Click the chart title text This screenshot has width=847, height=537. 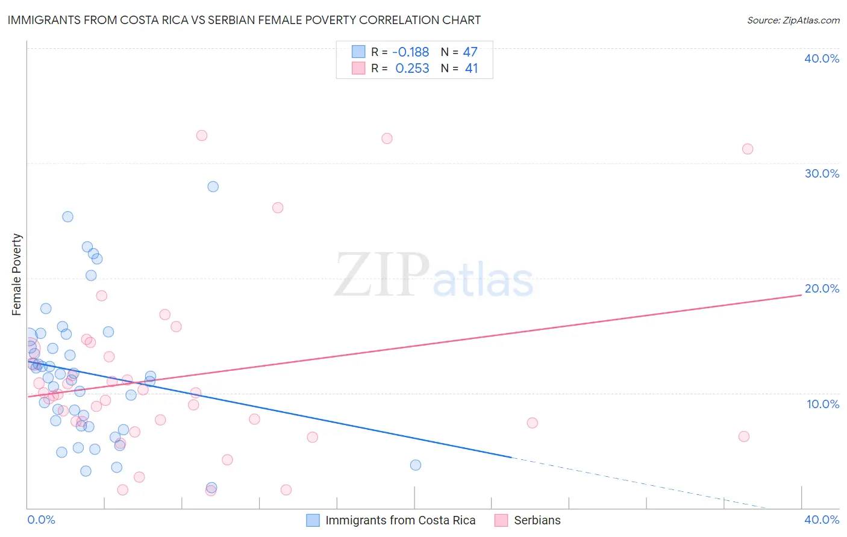[x=244, y=20]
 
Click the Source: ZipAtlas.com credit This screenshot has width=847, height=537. [x=793, y=20]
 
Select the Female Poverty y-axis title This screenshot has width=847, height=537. [x=16, y=275]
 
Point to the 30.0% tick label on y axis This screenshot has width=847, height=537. [x=822, y=173]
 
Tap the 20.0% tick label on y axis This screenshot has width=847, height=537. [x=822, y=288]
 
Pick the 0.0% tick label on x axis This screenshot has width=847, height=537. [x=41, y=520]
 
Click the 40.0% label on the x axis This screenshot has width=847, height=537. [x=822, y=520]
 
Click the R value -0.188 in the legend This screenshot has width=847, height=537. [x=410, y=52]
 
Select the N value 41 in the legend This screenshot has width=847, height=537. [x=471, y=69]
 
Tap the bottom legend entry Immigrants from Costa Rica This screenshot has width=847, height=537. [x=400, y=520]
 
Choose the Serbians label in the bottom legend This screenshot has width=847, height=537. [x=537, y=520]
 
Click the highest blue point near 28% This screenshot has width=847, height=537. [x=213, y=187]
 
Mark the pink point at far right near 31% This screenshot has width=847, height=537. [x=748, y=149]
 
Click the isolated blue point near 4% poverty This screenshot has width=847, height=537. [x=416, y=465]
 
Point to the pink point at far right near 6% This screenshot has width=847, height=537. [x=744, y=436]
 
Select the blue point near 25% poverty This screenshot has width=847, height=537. [x=68, y=217]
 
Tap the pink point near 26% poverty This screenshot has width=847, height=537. [x=278, y=208]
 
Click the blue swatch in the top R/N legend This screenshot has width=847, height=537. [x=358, y=52]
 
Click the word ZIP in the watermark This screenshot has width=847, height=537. [x=381, y=276]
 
